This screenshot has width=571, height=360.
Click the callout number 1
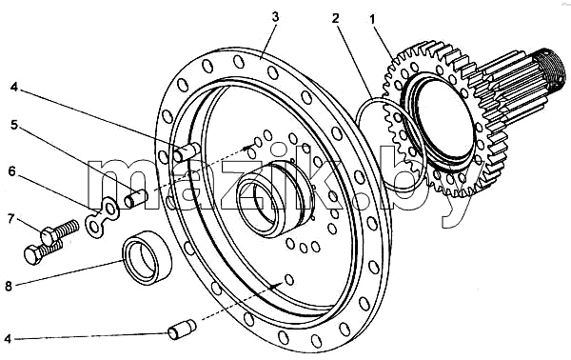point(372,20)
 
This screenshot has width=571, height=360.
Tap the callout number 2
point(335,19)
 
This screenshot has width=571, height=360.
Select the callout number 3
point(276,17)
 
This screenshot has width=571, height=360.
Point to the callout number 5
point(14,125)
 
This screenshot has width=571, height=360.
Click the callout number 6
point(12,171)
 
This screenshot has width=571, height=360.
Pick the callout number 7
point(11,219)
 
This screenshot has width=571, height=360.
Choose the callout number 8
point(8,286)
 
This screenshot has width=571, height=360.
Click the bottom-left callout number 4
point(8,339)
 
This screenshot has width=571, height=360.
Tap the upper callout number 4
point(13,88)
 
